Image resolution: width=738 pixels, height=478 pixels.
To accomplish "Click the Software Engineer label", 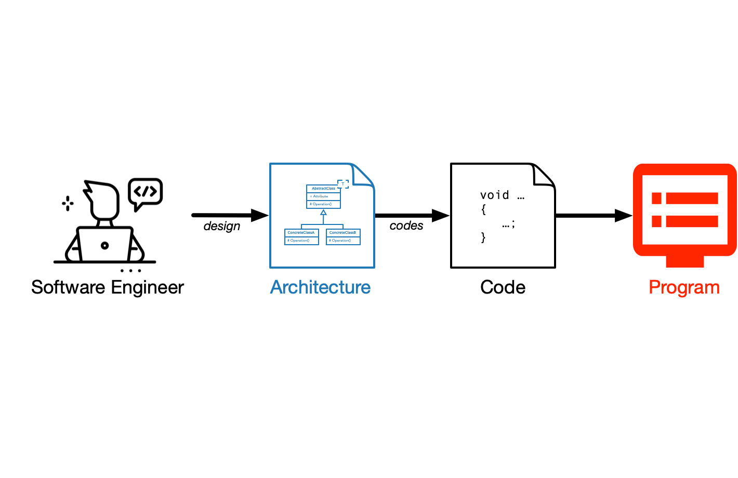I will [x=108, y=287].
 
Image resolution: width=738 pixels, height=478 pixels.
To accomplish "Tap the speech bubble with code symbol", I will [x=146, y=192].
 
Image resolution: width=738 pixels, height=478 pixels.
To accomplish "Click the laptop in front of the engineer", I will [x=105, y=244].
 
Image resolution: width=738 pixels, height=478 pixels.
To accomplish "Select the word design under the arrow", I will [x=222, y=226].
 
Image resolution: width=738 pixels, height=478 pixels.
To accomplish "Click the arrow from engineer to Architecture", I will [x=229, y=215].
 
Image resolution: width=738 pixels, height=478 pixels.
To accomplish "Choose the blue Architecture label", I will [x=320, y=287].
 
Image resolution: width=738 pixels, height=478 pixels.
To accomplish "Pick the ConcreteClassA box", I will [x=301, y=236].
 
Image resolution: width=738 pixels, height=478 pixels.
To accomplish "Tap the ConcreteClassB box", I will [x=343, y=236].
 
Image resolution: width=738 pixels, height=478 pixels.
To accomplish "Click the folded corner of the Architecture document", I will [x=362, y=175].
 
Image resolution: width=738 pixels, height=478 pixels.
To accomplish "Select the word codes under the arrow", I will [x=406, y=225].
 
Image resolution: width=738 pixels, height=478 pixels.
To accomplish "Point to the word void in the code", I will [x=494, y=195].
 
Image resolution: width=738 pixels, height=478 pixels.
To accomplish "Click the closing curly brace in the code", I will [x=483, y=237].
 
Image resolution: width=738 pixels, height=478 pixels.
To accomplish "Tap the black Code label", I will [x=503, y=287].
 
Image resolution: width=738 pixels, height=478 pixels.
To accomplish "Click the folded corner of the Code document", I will [x=543, y=176].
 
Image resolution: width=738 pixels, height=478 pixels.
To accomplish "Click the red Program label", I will [x=684, y=287].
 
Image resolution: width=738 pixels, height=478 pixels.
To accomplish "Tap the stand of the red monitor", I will [x=684, y=261].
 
